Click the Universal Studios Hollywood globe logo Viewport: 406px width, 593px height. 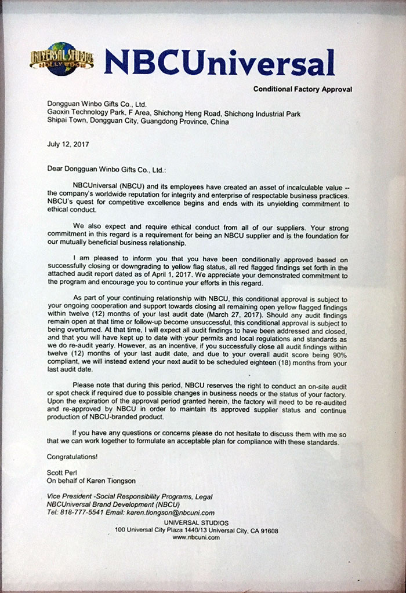point(61,59)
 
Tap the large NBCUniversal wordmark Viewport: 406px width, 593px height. point(220,63)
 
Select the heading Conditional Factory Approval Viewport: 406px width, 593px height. point(302,89)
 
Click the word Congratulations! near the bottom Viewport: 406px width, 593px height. point(72,456)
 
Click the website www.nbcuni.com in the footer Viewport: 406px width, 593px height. point(196,537)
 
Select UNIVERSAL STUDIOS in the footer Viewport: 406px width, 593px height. point(196,523)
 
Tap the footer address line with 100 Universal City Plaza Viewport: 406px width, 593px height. point(196,530)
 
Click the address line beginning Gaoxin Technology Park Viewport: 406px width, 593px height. point(174,114)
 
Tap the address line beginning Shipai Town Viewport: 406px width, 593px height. point(138,122)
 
